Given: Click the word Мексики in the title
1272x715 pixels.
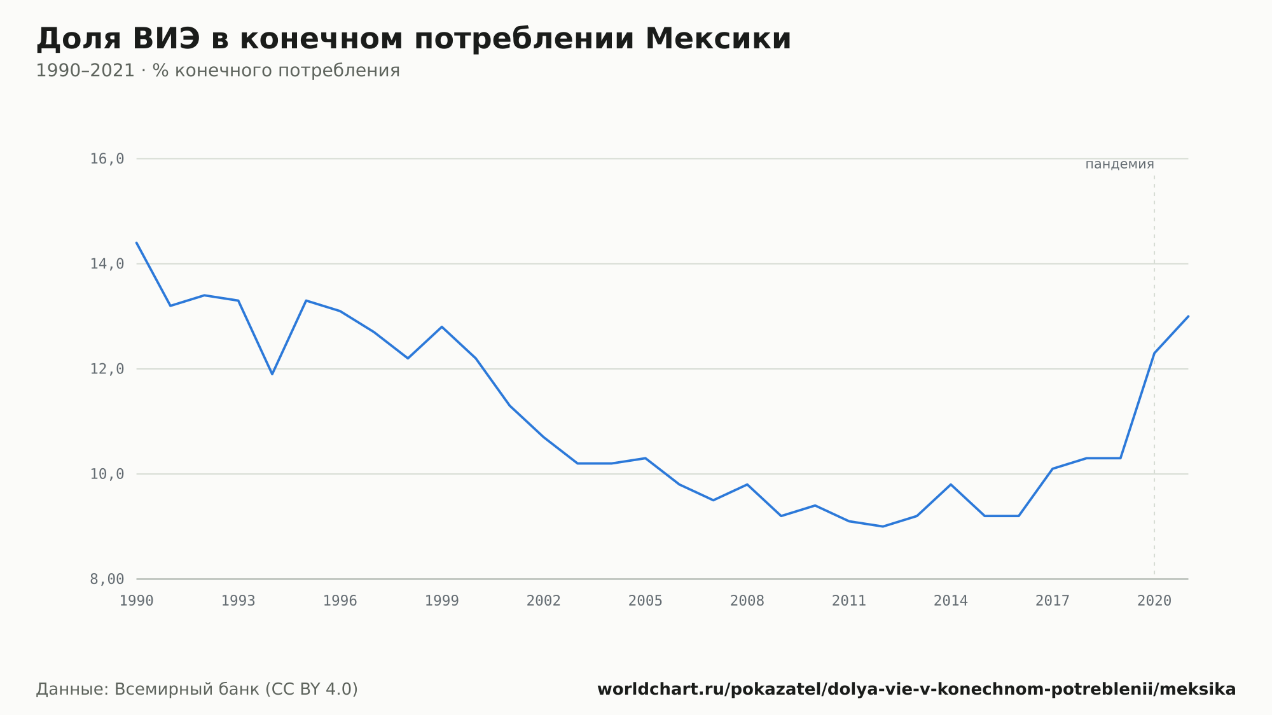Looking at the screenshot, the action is pos(718,39).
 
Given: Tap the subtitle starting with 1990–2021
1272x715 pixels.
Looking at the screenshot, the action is pos(218,71).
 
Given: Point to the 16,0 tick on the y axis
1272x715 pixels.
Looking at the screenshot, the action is pos(107,159).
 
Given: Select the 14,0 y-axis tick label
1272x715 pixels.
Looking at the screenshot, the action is pos(107,264).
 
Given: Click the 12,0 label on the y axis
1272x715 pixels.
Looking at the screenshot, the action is pos(107,369).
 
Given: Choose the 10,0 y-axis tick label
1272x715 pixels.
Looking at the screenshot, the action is pos(107,474).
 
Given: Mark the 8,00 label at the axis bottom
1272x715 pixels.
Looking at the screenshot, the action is pos(107,579).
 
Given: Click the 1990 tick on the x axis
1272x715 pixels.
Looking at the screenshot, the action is pos(137,601).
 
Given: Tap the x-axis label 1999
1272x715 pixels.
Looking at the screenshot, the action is pos(442,601).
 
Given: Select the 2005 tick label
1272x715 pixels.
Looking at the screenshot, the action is pos(646,601).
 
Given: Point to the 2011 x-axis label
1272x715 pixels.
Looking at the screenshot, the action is pos(849,601).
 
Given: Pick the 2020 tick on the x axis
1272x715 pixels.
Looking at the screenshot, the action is pos(1154,601).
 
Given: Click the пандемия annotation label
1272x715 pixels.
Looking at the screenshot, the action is pos(1119,164).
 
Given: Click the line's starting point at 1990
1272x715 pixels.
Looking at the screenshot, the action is pos(137,243).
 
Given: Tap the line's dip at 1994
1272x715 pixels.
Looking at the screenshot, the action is pos(272,374).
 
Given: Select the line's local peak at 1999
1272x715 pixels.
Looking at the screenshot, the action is pos(442,327).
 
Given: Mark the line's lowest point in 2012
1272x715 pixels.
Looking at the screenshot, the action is pos(883,526).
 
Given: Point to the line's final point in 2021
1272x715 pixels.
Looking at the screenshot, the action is pos(1188,316).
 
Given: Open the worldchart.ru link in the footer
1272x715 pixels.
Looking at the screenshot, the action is pos(916,690).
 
